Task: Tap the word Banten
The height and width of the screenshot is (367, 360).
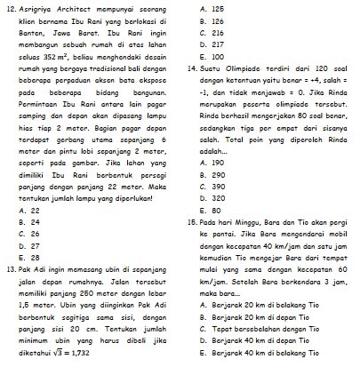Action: pos(33,33)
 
